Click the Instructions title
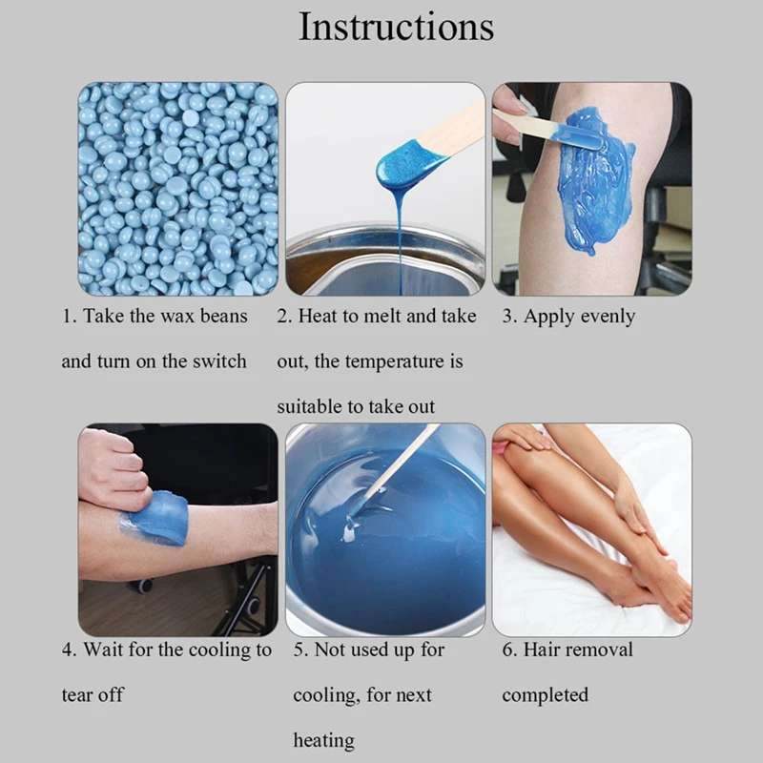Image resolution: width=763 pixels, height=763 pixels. [x=396, y=27]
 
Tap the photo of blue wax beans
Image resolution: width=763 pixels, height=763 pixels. [x=177, y=189]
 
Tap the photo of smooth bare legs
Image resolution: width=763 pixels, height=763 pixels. [x=591, y=529]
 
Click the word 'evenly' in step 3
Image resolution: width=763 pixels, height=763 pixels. [x=605, y=317]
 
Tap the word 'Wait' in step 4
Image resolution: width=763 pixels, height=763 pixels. [x=104, y=650]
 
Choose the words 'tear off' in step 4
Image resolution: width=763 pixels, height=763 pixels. [x=93, y=695]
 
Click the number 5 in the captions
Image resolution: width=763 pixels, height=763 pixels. [x=299, y=650]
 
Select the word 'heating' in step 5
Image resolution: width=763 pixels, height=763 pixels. [x=323, y=740]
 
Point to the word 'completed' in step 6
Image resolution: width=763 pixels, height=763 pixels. [x=546, y=695]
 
